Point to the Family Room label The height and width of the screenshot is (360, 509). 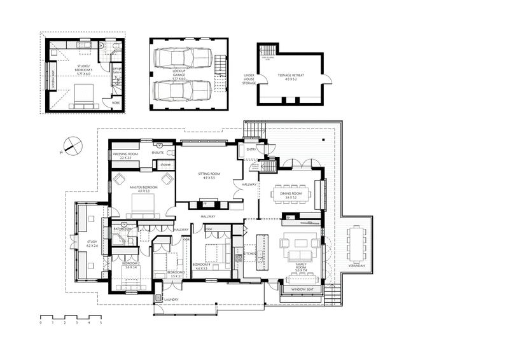coord(301,269)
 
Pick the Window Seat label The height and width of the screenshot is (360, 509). coord(302,290)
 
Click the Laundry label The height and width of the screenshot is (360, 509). coord(170,300)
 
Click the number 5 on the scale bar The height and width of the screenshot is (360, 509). coord(101,322)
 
